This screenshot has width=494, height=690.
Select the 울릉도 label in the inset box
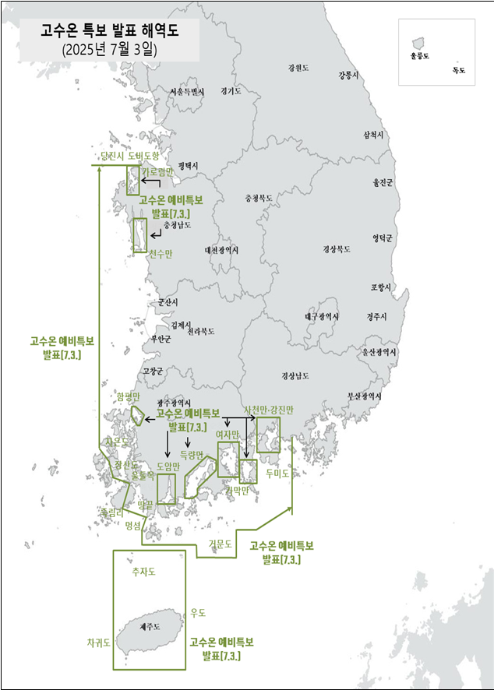point(419,57)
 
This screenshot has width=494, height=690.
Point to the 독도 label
point(458,70)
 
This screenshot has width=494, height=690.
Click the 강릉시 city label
point(348,76)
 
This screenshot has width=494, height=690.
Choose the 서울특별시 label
point(187,92)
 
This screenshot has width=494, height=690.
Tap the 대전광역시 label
point(221,250)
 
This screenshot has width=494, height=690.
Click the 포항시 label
point(381,287)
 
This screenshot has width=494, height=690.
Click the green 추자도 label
point(144,572)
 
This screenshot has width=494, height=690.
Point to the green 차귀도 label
point(98,642)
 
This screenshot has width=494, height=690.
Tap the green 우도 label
point(198,613)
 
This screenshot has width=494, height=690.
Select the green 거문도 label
point(221,544)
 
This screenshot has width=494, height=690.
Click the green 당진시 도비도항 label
point(129,157)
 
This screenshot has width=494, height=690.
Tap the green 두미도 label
point(277,473)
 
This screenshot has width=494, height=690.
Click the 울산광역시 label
point(379,352)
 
